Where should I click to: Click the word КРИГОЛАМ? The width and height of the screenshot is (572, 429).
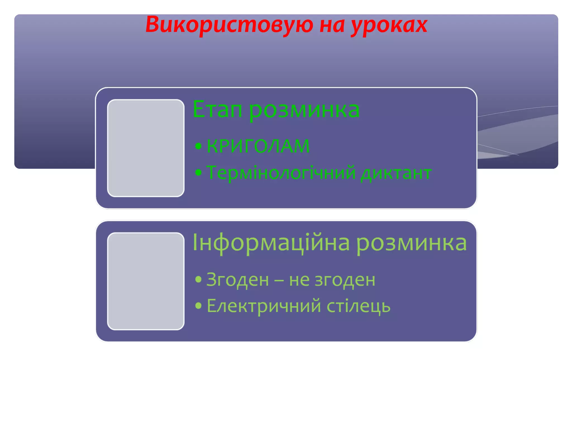[258, 146]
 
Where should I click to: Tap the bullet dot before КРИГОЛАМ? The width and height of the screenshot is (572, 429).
[198, 146]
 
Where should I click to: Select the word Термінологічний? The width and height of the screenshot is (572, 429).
[281, 173]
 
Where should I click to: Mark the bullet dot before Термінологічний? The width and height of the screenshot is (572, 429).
[198, 173]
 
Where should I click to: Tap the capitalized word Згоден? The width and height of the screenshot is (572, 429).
[237, 280]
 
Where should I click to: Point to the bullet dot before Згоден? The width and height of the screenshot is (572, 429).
[198, 279]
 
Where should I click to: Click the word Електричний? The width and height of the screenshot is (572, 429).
[264, 306]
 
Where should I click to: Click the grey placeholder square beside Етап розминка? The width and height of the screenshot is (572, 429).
[146, 148]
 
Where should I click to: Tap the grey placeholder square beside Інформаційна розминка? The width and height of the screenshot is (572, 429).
[146, 281]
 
